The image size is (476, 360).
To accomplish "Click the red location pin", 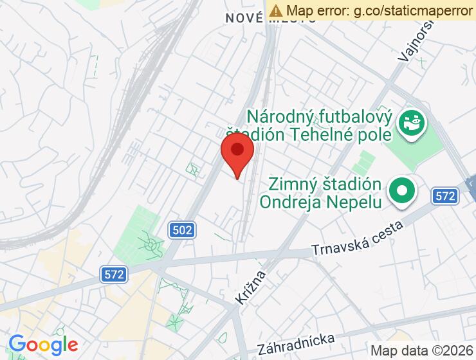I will click(237, 151).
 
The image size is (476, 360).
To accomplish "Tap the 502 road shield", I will click(183, 230).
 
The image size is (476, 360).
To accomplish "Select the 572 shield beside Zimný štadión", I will click(444, 196).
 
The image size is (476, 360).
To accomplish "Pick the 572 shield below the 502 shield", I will click(113, 274).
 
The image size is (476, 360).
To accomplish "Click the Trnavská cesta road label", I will click(357, 239).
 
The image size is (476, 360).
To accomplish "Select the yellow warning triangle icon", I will click(276, 10).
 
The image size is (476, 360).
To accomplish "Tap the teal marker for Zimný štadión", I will click(403, 191).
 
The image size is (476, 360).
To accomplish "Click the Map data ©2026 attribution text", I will click(422, 350).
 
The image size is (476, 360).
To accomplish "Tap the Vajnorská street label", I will click(416, 39).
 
